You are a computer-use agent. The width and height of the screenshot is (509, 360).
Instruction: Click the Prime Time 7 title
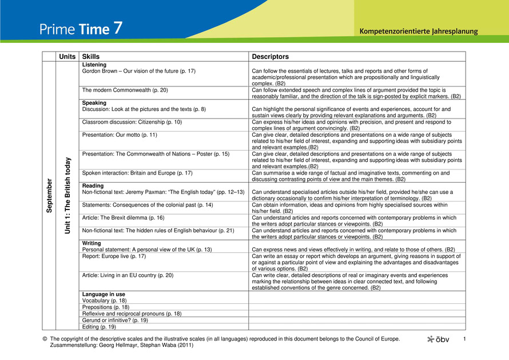click(81, 29)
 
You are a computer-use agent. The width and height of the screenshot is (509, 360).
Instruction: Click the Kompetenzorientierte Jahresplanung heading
click(418, 31)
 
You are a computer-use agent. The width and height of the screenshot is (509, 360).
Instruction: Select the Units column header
click(67, 57)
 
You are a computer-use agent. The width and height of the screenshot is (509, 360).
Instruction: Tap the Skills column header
click(90, 57)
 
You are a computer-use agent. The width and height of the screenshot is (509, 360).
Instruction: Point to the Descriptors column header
click(270, 57)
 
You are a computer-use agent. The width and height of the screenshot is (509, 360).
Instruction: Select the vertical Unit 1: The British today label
click(67, 195)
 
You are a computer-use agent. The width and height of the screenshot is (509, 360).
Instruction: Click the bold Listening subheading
click(94, 65)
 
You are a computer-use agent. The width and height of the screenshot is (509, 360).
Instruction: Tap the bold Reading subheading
click(93, 186)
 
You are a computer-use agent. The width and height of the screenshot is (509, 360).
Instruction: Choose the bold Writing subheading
click(92, 243)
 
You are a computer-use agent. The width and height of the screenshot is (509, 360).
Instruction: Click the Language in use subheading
click(104, 294)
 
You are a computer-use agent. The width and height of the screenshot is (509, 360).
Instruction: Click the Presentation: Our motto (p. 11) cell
click(120, 135)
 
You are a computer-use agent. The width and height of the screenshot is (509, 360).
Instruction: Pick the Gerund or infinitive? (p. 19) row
click(116, 321)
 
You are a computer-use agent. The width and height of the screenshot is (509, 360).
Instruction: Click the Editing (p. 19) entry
click(99, 327)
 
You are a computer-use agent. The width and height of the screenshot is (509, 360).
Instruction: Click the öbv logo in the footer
click(439, 339)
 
